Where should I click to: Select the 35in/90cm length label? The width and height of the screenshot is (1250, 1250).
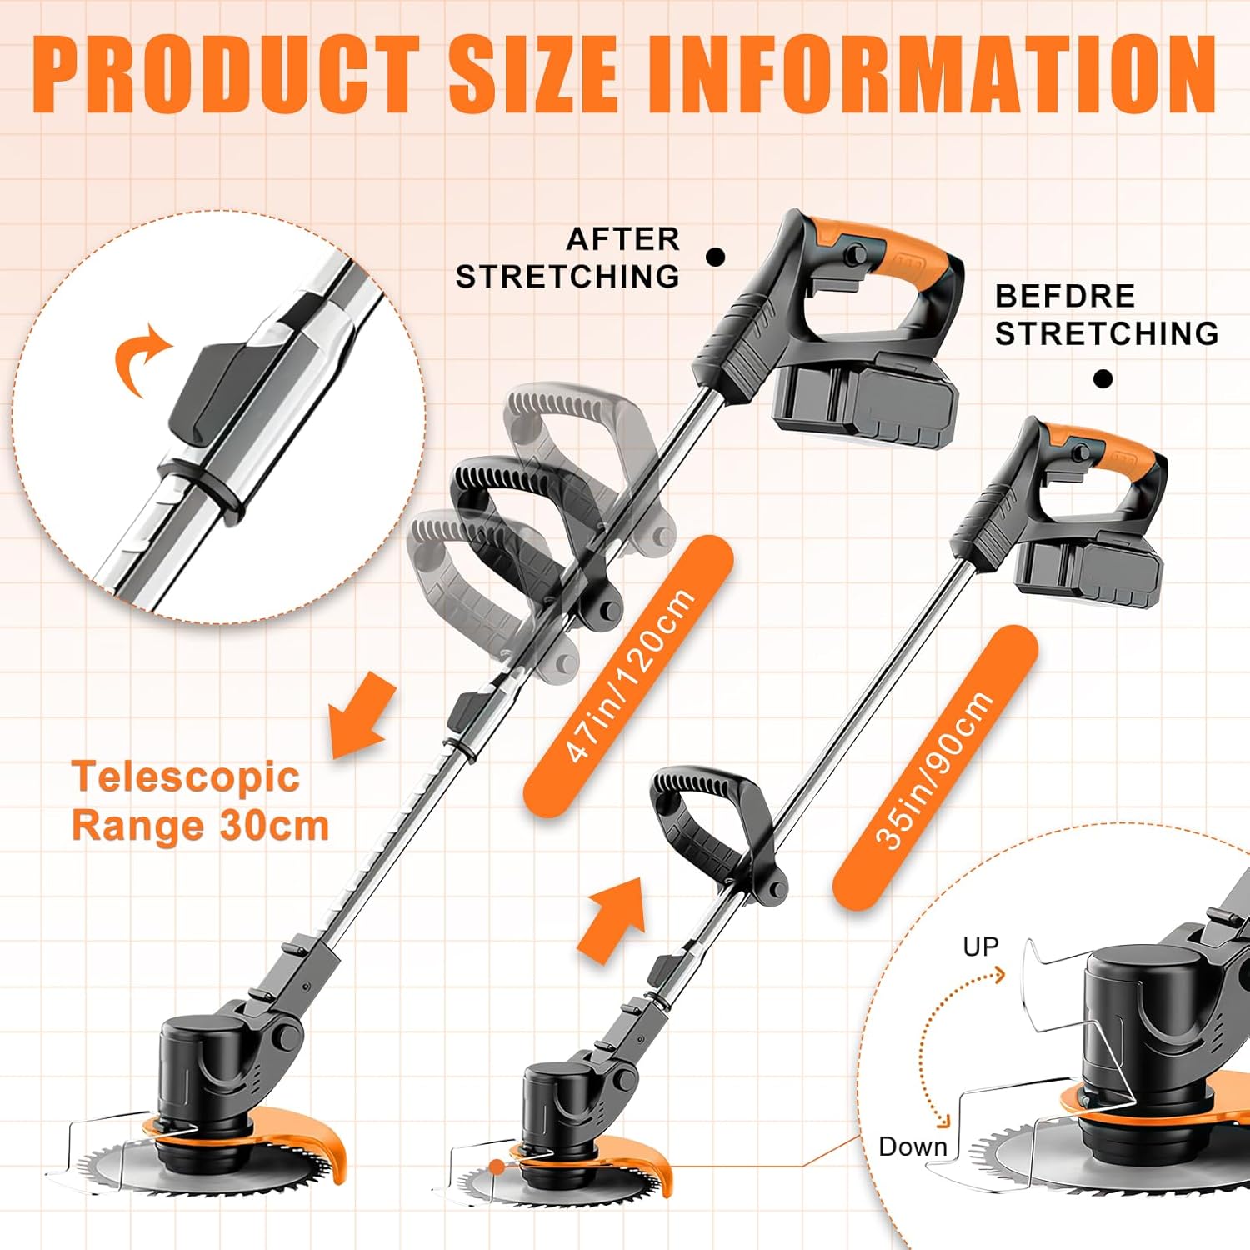click(x=935, y=768)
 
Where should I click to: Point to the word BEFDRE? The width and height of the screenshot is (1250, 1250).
click(x=1064, y=296)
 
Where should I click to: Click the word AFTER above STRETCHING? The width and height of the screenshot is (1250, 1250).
click(x=622, y=238)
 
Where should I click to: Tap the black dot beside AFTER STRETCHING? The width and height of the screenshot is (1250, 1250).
click(x=715, y=257)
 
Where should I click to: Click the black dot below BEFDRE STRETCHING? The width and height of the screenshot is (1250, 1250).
click(x=1102, y=379)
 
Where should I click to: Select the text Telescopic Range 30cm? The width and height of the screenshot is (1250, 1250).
click(x=200, y=801)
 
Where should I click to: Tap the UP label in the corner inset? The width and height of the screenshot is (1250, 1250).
click(x=980, y=947)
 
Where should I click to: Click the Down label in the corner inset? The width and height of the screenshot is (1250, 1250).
click(x=912, y=1147)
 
